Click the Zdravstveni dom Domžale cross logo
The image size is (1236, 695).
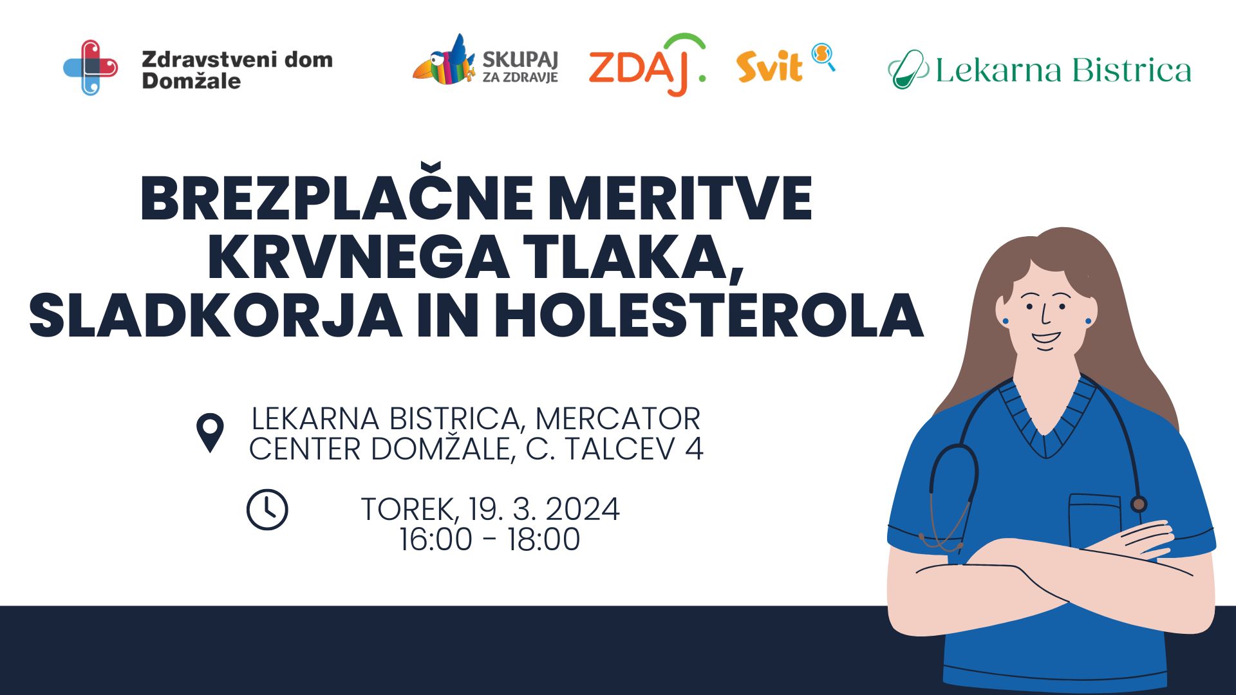91,68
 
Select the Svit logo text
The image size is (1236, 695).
769,67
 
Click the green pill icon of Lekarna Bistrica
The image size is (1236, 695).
908,69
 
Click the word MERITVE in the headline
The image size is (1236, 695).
679,199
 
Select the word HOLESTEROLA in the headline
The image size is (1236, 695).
708,316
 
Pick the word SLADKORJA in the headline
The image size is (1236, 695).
216,316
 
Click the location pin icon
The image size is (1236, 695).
210,432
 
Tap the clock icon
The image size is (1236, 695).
267,510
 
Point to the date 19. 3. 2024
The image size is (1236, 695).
544,510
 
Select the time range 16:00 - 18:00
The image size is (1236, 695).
489,539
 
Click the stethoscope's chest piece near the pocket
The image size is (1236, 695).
1138,504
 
